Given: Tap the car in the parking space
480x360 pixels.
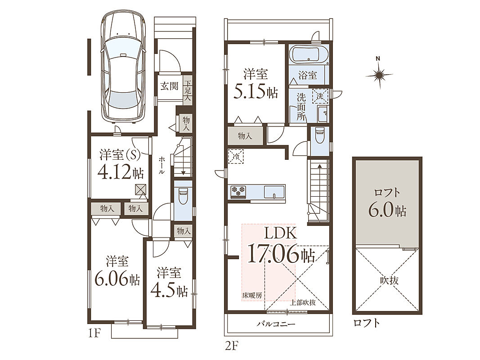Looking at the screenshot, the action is click(x=123, y=67).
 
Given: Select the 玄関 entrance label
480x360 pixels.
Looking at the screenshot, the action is click(x=169, y=86).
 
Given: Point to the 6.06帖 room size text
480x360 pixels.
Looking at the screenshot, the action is click(x=117, y=279).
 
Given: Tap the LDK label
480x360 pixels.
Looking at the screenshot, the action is click(x=280, y=234).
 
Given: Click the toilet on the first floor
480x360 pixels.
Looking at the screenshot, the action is click(x=183, y=195).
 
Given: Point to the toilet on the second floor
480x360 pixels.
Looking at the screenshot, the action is click(x=319, y=135).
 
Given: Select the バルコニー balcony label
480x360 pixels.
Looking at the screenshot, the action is click(x=276, y=324).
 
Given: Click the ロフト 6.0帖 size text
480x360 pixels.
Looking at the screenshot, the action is click(x=387, y=211).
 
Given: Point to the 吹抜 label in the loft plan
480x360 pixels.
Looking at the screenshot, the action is click(x=390, y=280).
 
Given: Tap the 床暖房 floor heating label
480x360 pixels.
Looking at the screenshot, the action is click(x=252, y=295).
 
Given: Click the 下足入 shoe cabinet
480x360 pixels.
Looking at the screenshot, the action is click(x=188, y=90).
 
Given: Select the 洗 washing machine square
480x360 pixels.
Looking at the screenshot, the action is click(x=320, y=96).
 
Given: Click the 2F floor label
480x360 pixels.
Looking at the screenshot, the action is click(x=232, y=346).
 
